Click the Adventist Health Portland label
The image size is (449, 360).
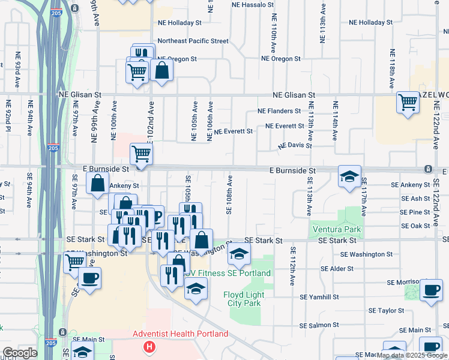[x=180, y=334]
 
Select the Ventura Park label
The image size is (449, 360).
[x=336, y=229]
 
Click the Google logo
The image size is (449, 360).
[x=19, y=353]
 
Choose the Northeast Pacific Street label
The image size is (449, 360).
[x=193, y=41]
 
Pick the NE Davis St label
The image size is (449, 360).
[x=295, y=145]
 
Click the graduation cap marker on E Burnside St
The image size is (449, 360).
[x=349, y=176]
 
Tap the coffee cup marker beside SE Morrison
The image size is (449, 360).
[x=431, y=290]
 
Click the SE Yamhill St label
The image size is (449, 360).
[x=319, y=297]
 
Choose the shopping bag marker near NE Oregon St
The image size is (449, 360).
[x=162, y=70]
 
